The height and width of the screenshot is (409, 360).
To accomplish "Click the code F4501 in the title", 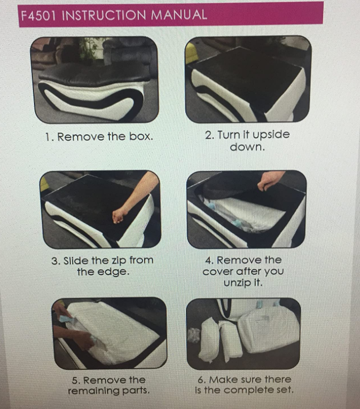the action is click(38, 16).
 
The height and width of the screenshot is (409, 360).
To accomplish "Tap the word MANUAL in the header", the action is click(179, 15).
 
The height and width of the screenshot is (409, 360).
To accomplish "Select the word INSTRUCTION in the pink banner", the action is click(104, 15).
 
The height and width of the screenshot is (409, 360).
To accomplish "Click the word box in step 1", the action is click(141, 136).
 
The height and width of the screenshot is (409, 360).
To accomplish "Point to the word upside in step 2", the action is click(271, 135).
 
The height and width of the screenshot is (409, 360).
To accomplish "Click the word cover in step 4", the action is click(218, 272).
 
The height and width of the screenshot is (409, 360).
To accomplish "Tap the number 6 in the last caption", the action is click(200, 380).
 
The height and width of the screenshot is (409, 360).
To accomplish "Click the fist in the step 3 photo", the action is click(119, 216).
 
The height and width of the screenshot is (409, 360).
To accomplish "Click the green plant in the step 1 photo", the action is click(89, 49).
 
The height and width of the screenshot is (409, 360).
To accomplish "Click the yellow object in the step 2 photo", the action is click(191, 54).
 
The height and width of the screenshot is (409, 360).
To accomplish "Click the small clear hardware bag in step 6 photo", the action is click(194, 335).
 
